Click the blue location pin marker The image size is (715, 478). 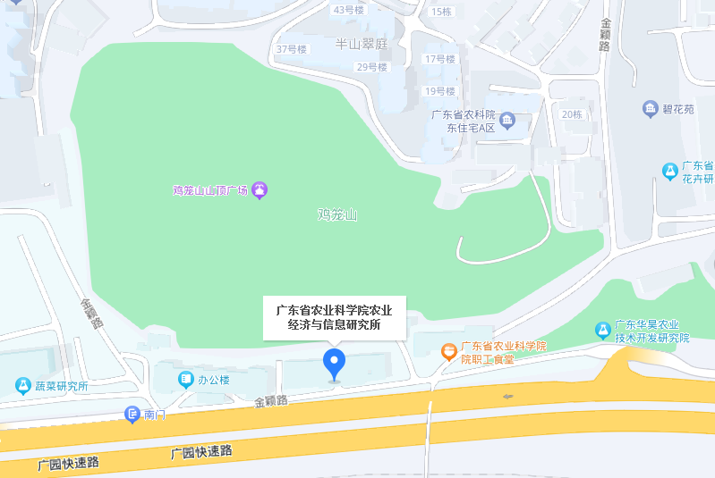[335, 364]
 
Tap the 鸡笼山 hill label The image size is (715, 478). [337, 214]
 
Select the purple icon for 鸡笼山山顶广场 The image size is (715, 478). [260, 189]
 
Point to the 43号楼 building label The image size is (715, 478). [348, 10]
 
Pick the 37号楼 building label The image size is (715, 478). [292, 49]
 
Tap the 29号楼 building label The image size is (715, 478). [371, 67]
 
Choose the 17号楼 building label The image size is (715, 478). [439, 59]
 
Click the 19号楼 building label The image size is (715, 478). [440, 91]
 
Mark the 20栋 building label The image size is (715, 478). [572, 114]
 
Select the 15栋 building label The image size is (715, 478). [441, 12]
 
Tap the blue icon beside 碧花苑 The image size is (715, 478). [651, 109]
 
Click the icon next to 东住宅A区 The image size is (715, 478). [507, 120]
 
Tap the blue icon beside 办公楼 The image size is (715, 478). [185, 380]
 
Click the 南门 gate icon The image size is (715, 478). [132, 415]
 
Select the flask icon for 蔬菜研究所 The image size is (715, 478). [22, 386]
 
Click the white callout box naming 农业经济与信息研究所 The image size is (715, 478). [334, 317]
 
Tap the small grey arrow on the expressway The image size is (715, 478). [509, 396]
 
